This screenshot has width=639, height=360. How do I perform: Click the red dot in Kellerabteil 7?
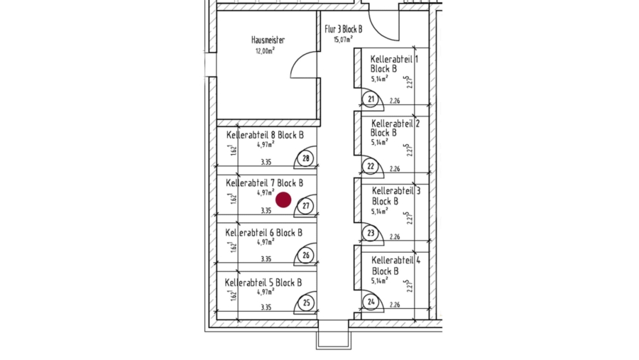click(x=283, y=200)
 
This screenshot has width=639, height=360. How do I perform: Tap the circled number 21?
click(x=371, y=99)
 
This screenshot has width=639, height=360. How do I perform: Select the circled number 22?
click(x=371, y=166)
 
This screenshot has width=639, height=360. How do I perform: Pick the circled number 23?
click(x=371, y=234)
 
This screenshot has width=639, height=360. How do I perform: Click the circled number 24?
click(x=371, y=302)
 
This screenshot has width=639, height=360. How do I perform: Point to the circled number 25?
click(x=306, y=303)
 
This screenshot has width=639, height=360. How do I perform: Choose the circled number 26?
click(x=306, y=255)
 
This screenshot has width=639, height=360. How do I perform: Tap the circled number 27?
click(x=306, y=206)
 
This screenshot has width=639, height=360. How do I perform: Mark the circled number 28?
click(x=306, y=158)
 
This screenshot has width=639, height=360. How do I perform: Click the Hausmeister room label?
click(x=268, y=40)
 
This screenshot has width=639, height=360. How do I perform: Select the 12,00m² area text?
click(x=265, y=51)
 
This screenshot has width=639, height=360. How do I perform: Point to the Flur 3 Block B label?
click(x=343, y=29)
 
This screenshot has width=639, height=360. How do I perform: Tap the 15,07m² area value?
click(x=343, y=40)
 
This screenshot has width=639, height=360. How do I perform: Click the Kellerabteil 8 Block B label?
click(x=265, y=135)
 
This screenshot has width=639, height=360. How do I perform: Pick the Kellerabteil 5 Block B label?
click(x=263, y=283)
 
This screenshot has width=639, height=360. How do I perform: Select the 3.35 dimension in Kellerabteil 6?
click(x=266, y=259)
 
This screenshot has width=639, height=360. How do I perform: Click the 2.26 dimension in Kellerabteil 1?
click(x=395, y=101)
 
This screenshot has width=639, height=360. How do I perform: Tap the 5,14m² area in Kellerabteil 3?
click(x=379, y=211)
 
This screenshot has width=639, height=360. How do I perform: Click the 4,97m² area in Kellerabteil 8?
click(x=266, y=144)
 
